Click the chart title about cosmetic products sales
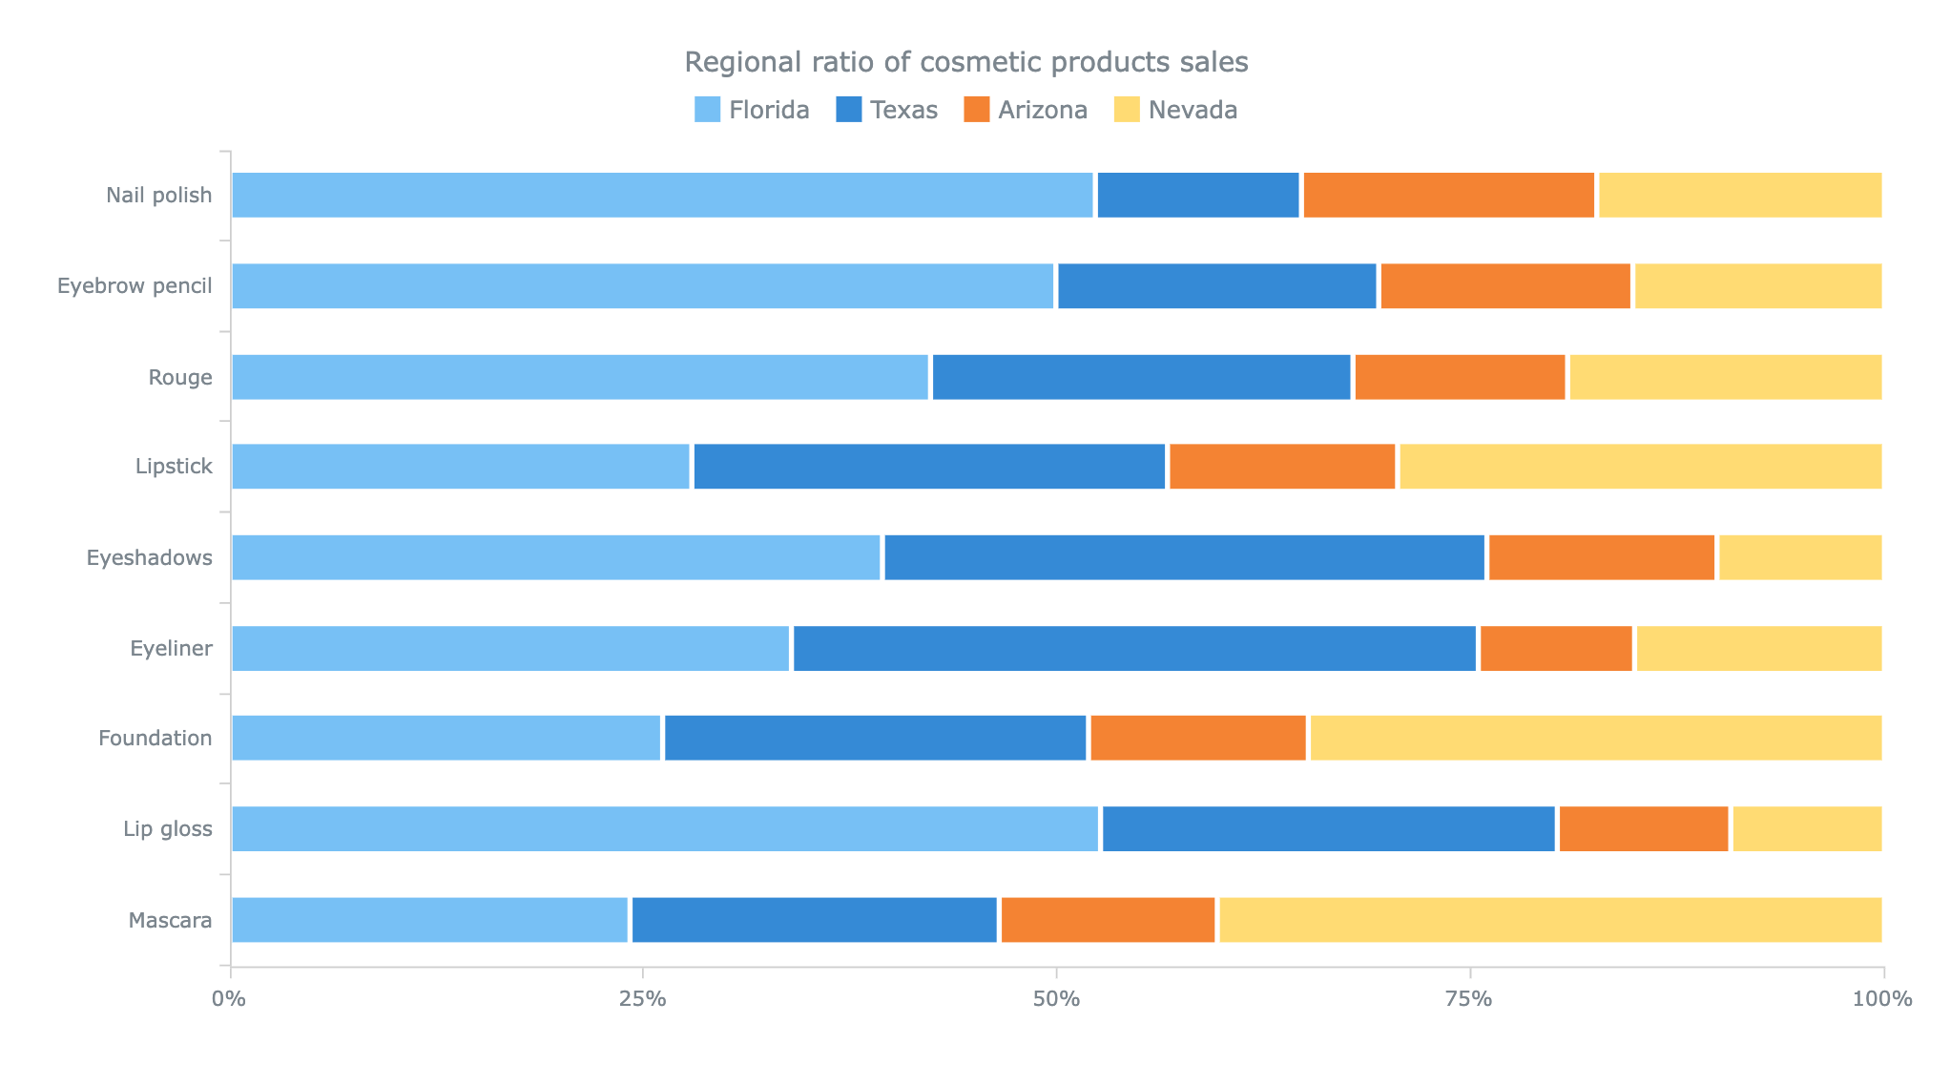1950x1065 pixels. point(965,63)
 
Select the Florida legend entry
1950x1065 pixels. point(752,111)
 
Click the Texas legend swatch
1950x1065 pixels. point(848,110)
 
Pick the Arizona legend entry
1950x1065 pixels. point(1026,111)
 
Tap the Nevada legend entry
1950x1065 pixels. point(1175,111)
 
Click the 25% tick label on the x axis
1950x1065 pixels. point(642,999)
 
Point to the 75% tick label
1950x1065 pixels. point(1468,999)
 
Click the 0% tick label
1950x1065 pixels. point(229,999)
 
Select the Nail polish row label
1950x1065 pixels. point(159,196)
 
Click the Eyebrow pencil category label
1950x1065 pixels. point(135,286)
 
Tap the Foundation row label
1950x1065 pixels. point(155,739)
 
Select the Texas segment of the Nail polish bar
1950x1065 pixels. point(1198,196)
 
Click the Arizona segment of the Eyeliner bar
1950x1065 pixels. point(1556,649)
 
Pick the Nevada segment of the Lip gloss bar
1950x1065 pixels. point(1807,829)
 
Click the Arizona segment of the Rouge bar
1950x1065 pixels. point(1460,378)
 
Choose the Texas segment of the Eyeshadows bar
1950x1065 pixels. point(1184,558)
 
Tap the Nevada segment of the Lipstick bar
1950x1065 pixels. point(1640,468)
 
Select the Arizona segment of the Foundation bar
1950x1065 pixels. point(1197,739)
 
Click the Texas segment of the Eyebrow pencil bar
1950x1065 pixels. point(1217,286)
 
